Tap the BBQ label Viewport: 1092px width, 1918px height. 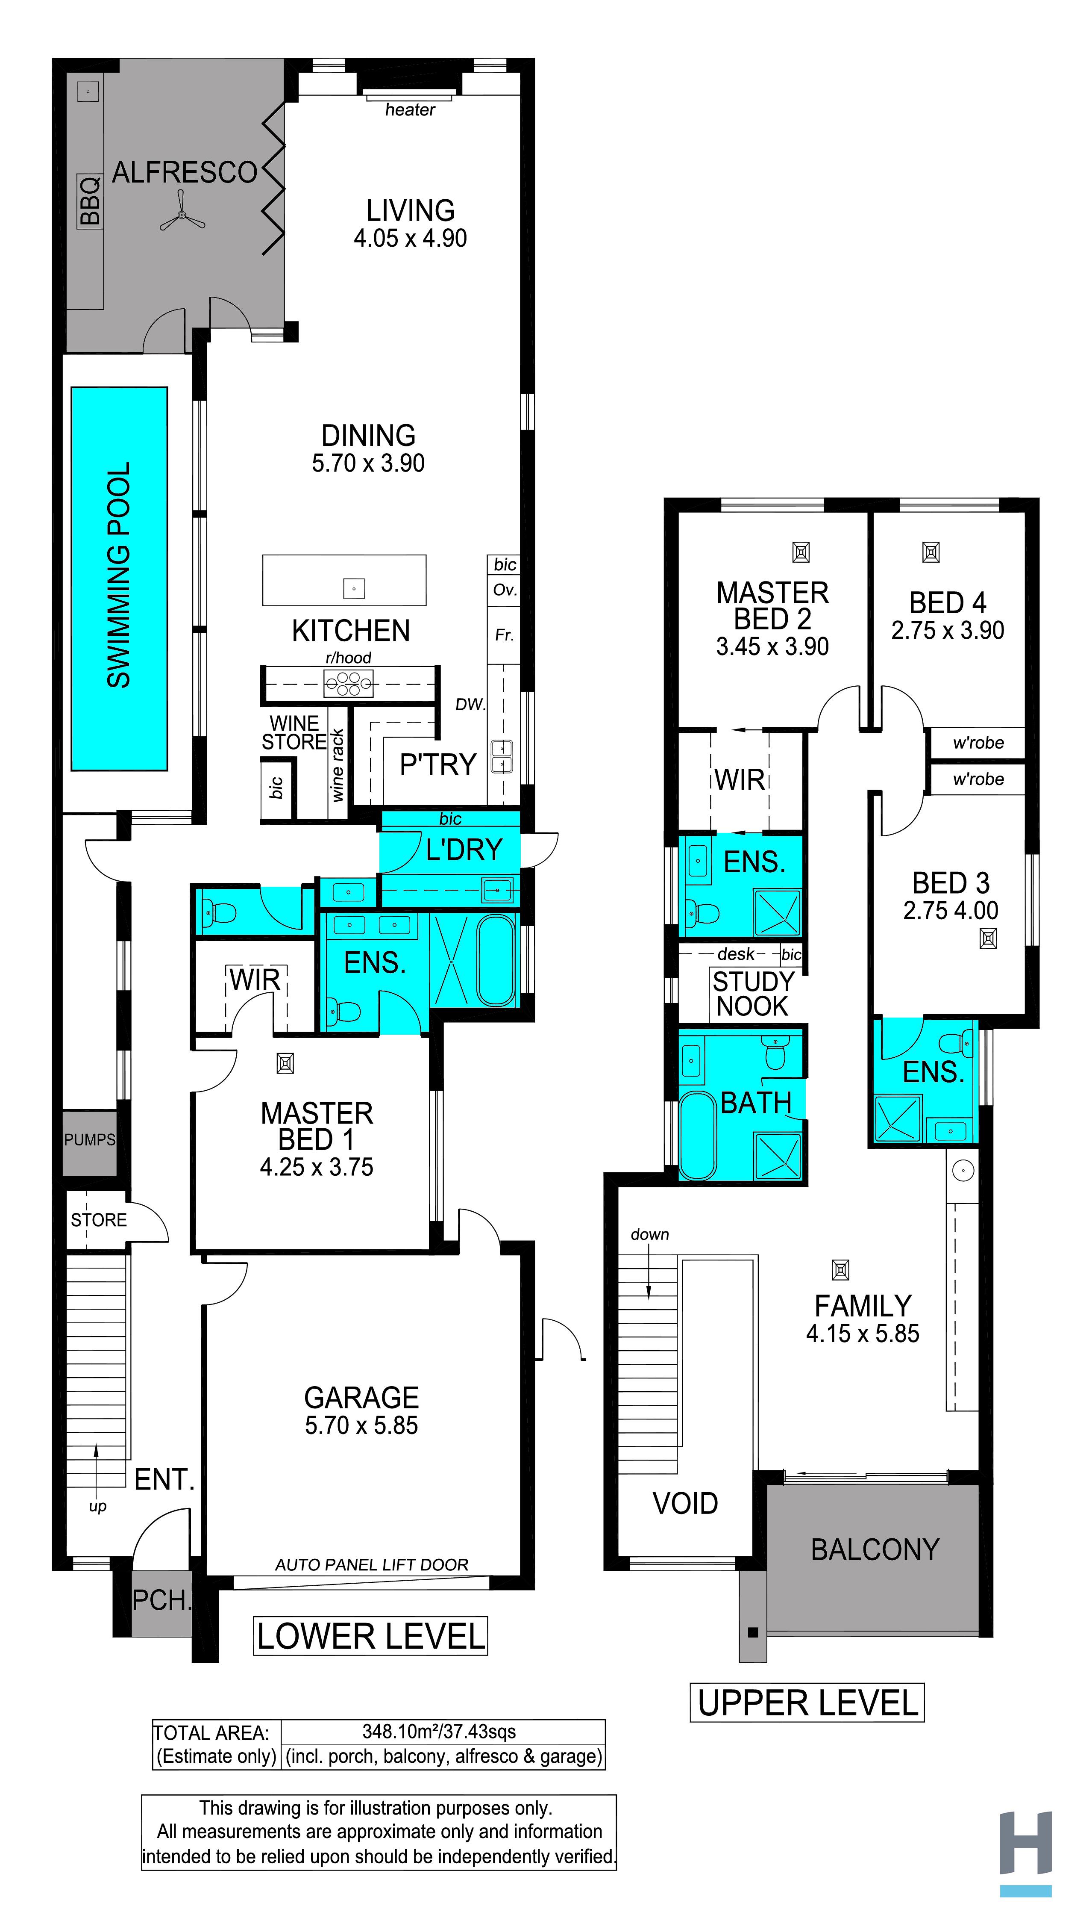[89, 201]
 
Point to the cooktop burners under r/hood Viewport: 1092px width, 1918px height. [348, 684]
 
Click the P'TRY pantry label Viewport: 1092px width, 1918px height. [438, 764]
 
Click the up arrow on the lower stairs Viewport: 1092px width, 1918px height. [96, 1471]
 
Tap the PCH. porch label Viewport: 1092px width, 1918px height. [161, 1601]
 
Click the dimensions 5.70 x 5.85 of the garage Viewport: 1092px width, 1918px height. [361, 1425]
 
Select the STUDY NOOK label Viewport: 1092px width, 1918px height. [753, 994]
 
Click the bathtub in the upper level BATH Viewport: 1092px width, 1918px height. [698, 1136]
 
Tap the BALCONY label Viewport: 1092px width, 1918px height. [875, 1549]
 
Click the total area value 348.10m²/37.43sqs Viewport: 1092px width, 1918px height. [439, 1732]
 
